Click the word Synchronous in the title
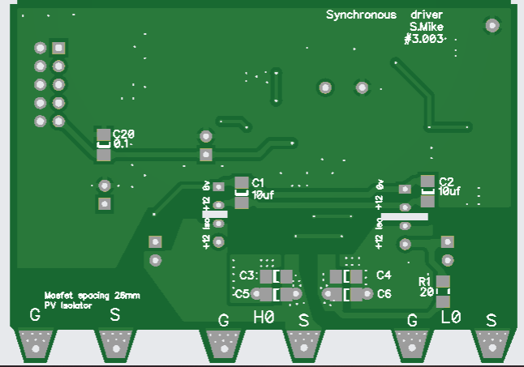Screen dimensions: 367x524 click(361, 15)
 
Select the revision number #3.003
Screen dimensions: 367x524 click(424, 38)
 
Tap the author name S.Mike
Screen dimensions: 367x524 click(426, 27)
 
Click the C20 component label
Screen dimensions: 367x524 click(123, 134)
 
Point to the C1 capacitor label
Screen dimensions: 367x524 click(259, 182)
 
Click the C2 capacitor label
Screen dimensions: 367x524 click(446, 181)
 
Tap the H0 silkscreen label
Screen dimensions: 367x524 click(264, 318)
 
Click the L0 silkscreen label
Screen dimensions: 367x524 click(450, 318)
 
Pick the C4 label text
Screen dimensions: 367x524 click(384, 275)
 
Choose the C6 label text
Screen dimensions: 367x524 click(384, 293)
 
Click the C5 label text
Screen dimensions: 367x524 click(242, 293)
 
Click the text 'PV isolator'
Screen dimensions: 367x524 click(67, 305)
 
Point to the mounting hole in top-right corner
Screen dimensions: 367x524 click(492, 26)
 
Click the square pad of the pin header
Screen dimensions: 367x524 click(58, 48)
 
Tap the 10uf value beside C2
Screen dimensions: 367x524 click(449, 192)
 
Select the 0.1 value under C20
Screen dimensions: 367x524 click(121, 143)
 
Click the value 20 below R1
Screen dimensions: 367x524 click(427, 292)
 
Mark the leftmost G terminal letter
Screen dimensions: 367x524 click(35, 314)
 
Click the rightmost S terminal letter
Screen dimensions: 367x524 click(490, 320)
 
